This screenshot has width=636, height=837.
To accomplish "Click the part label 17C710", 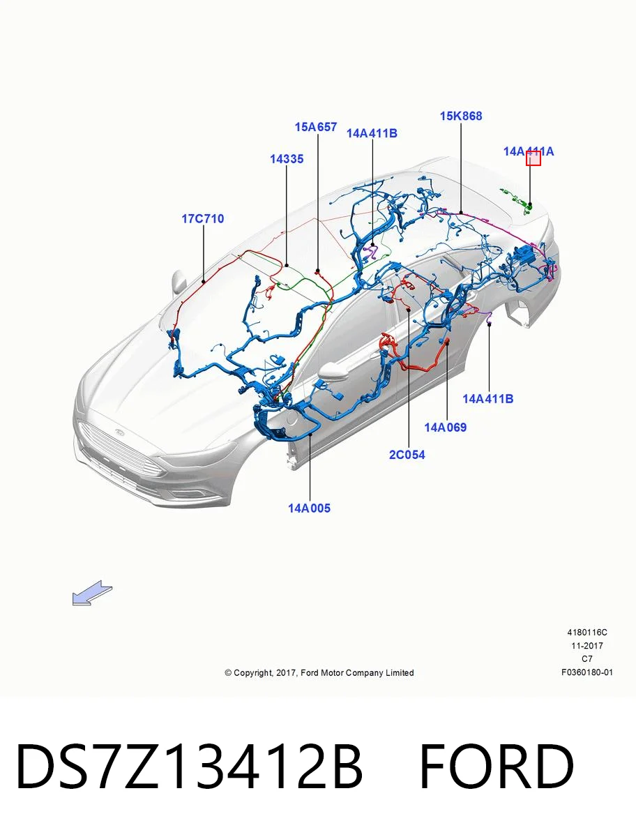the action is click(x=203, y=219).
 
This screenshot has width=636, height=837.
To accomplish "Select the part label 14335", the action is click(x=287, y=159).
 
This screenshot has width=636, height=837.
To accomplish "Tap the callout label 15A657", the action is click(x=316, y=127).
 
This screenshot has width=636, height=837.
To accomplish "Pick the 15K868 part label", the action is click(x=461, y=116).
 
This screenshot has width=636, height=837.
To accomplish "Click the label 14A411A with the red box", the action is click(x=529, y=152).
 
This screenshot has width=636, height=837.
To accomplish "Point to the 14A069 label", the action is click(x=446, y=428).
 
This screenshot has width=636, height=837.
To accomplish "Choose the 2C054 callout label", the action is click(x=407, y=455).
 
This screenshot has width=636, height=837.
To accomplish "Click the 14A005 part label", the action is click(x=309, y=508).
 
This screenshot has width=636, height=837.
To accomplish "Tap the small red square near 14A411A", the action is click(x=533, y=158).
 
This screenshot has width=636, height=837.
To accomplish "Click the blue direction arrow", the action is click(x=92, y=593).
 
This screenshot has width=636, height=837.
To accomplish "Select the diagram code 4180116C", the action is click(x=587, y=632).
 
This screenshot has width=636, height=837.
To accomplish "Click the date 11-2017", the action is click(x=587, y=646).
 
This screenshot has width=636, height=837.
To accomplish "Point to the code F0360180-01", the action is click(x=587, y=672).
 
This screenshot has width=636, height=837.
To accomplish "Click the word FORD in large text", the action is click(x=497, y=767).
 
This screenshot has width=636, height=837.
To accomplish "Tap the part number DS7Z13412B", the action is click(x=189, y=767).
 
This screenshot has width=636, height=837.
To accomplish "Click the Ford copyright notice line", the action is click(x=319, y=672).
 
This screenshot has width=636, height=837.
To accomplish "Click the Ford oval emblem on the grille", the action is click(x=120, y=432).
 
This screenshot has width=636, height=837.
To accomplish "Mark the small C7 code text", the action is click(x=587, y=659).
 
